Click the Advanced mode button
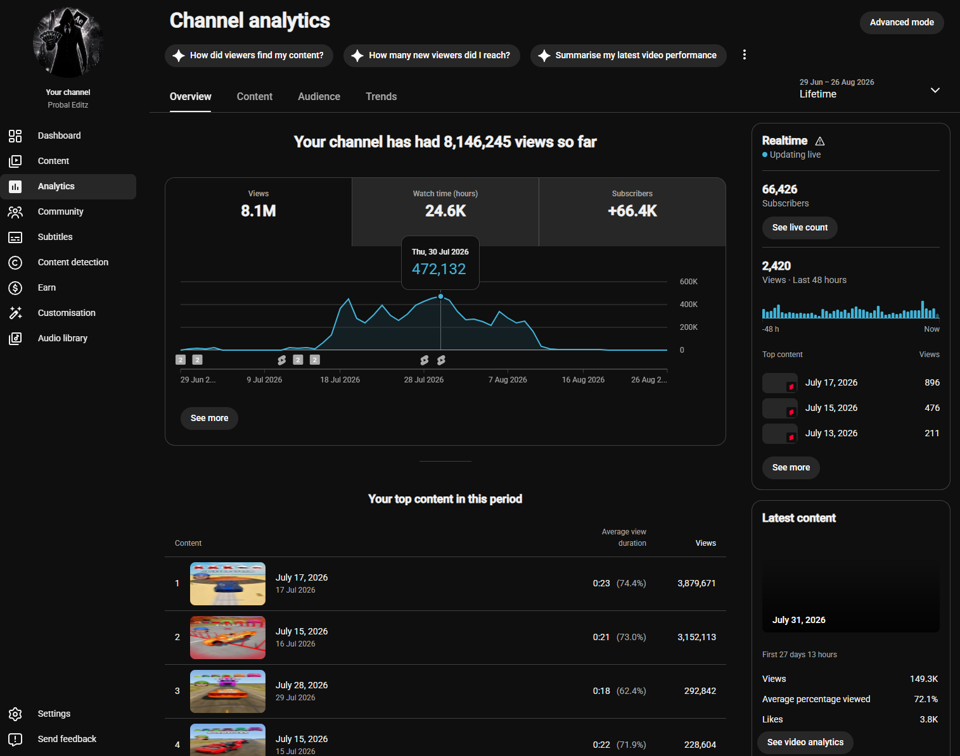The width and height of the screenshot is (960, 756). coord(902,22)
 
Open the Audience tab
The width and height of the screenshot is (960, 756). coord(319,96)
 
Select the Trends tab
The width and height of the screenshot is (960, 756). coord(381,96)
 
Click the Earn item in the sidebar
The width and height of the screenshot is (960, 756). coord(46,287)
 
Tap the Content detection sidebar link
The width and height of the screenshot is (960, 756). coord(73,262)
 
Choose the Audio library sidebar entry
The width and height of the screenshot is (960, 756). coord(63,338)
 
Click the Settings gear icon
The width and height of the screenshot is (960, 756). coord(15,714)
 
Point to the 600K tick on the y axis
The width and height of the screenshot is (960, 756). coord(688,282)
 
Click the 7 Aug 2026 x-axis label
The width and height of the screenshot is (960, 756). coord(507,380)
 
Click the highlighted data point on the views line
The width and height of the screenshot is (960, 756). coord(441,296)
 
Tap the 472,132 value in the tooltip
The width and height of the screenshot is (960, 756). coord(438,269)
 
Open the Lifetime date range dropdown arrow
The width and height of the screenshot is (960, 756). coord(935,91)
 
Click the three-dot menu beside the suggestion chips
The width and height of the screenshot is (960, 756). coord(744,55)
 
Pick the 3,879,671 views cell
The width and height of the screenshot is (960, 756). coord(696,584)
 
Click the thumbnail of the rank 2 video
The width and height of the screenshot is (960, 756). coord(227,638)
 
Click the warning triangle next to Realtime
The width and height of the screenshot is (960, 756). coord(819,141)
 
